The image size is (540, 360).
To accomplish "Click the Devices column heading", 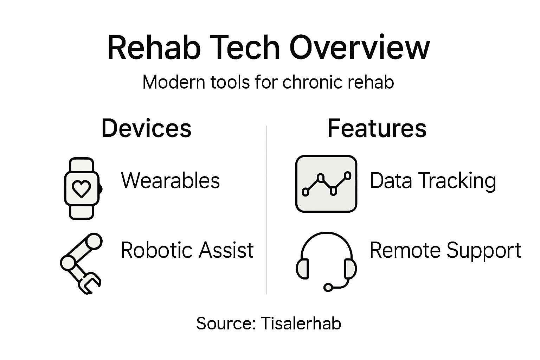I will (x=146, y=128).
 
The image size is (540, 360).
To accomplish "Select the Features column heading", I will (x=377, y=128).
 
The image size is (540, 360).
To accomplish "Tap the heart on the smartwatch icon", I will (x=81, y=189).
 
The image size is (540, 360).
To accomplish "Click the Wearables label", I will (x=170, y=181).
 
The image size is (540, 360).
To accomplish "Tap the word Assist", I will (x=226, y=250).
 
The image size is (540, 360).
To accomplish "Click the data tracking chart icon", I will (x=326, y=184).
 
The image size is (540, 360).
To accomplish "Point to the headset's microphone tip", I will (x=328, y=288).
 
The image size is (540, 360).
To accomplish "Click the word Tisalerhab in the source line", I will (x=301, y=323).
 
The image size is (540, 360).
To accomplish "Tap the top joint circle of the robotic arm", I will (x=94, y=242).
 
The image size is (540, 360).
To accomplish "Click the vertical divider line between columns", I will (x=266, y=211).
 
